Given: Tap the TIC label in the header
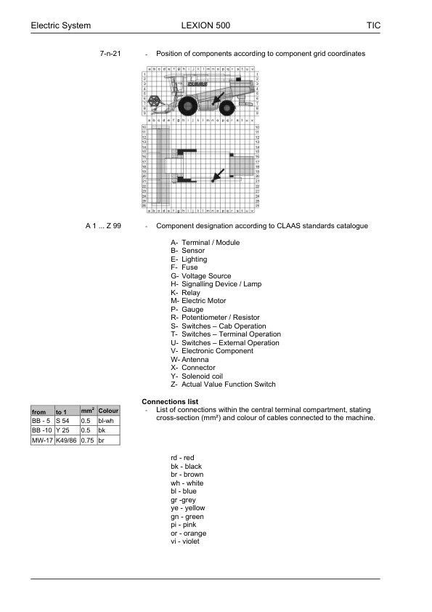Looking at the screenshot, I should point(373,25).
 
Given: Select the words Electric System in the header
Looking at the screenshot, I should point(60,25).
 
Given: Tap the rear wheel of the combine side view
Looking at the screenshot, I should point(227,108).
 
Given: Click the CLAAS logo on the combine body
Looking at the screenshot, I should point(197,84).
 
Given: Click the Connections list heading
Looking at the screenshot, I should point(170,401).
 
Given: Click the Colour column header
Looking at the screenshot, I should point(108,411).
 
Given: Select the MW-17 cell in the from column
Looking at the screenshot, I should point(41,440).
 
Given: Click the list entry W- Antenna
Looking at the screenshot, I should point(189,359).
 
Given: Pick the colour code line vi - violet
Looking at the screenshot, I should point(184,541).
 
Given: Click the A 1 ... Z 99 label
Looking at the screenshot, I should point(103,226).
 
